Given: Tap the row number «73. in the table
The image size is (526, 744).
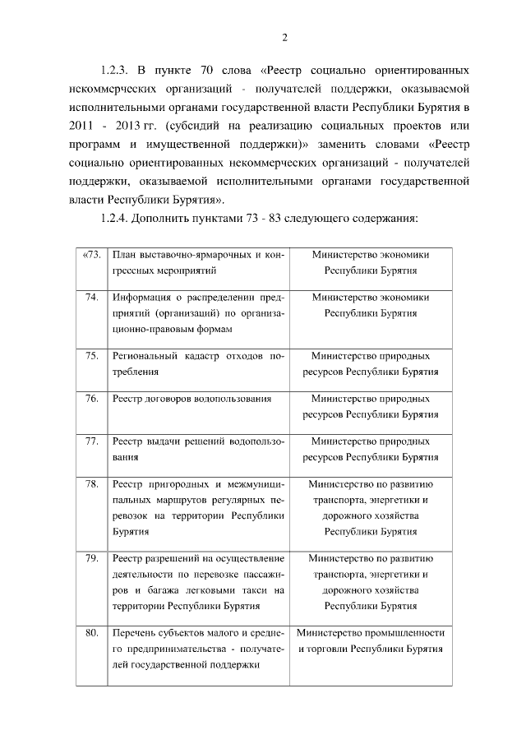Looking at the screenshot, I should tap(91, 254).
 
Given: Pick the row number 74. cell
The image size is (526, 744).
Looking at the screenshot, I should tap(92, 297).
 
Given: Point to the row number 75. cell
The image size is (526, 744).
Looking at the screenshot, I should tap(92, 356).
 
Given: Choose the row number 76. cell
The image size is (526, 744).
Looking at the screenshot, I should tap(92, 399).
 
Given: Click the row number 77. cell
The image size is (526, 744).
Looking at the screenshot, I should tap(92, 441).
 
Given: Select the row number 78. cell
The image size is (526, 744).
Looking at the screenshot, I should tap(92, 484).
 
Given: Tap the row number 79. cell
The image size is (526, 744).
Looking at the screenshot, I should tap(92, 559).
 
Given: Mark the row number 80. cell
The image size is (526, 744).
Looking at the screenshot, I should tap(92, 634).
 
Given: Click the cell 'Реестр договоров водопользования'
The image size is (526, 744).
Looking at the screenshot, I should tap(191, 399).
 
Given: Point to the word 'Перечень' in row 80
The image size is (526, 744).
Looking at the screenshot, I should tap(132, 634).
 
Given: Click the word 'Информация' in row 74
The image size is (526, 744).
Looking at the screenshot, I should tap(141, 297).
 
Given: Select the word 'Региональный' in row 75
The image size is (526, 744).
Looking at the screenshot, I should tap(145, 356).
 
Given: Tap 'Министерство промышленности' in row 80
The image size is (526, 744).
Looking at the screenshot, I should tap(371, 634).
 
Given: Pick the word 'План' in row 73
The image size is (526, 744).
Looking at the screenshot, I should tap(122, 254).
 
